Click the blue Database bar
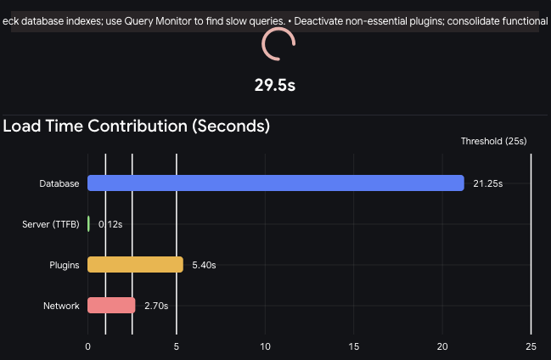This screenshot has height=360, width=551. pos(276,183)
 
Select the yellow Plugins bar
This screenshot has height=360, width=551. pos(135,265)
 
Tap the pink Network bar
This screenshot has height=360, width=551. pos(111,306)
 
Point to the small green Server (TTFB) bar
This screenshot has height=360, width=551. pos(88,224)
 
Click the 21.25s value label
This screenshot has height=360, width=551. pos(488,183)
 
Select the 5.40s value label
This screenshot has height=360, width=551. pos(204,265)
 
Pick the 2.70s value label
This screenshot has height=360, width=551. pos(156,306)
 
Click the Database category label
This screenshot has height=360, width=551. pos(59,183)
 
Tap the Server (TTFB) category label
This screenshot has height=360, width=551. pos(51,224)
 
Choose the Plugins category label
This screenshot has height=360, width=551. pos(64,265)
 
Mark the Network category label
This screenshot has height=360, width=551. pos(61,306)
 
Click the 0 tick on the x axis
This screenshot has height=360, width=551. pos(88,346)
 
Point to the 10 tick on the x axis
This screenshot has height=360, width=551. pos(265,346)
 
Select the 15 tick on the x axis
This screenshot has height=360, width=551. pos(354,346)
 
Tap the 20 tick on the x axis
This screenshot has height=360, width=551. pos(442,346)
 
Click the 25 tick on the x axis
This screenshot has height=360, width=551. pos(531,346)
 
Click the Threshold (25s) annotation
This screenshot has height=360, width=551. pos(494,141)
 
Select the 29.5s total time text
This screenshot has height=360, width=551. pos(275,85)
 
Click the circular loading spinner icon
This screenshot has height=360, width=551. pos(278,44)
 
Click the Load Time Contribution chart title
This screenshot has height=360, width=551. pos(137,127)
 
